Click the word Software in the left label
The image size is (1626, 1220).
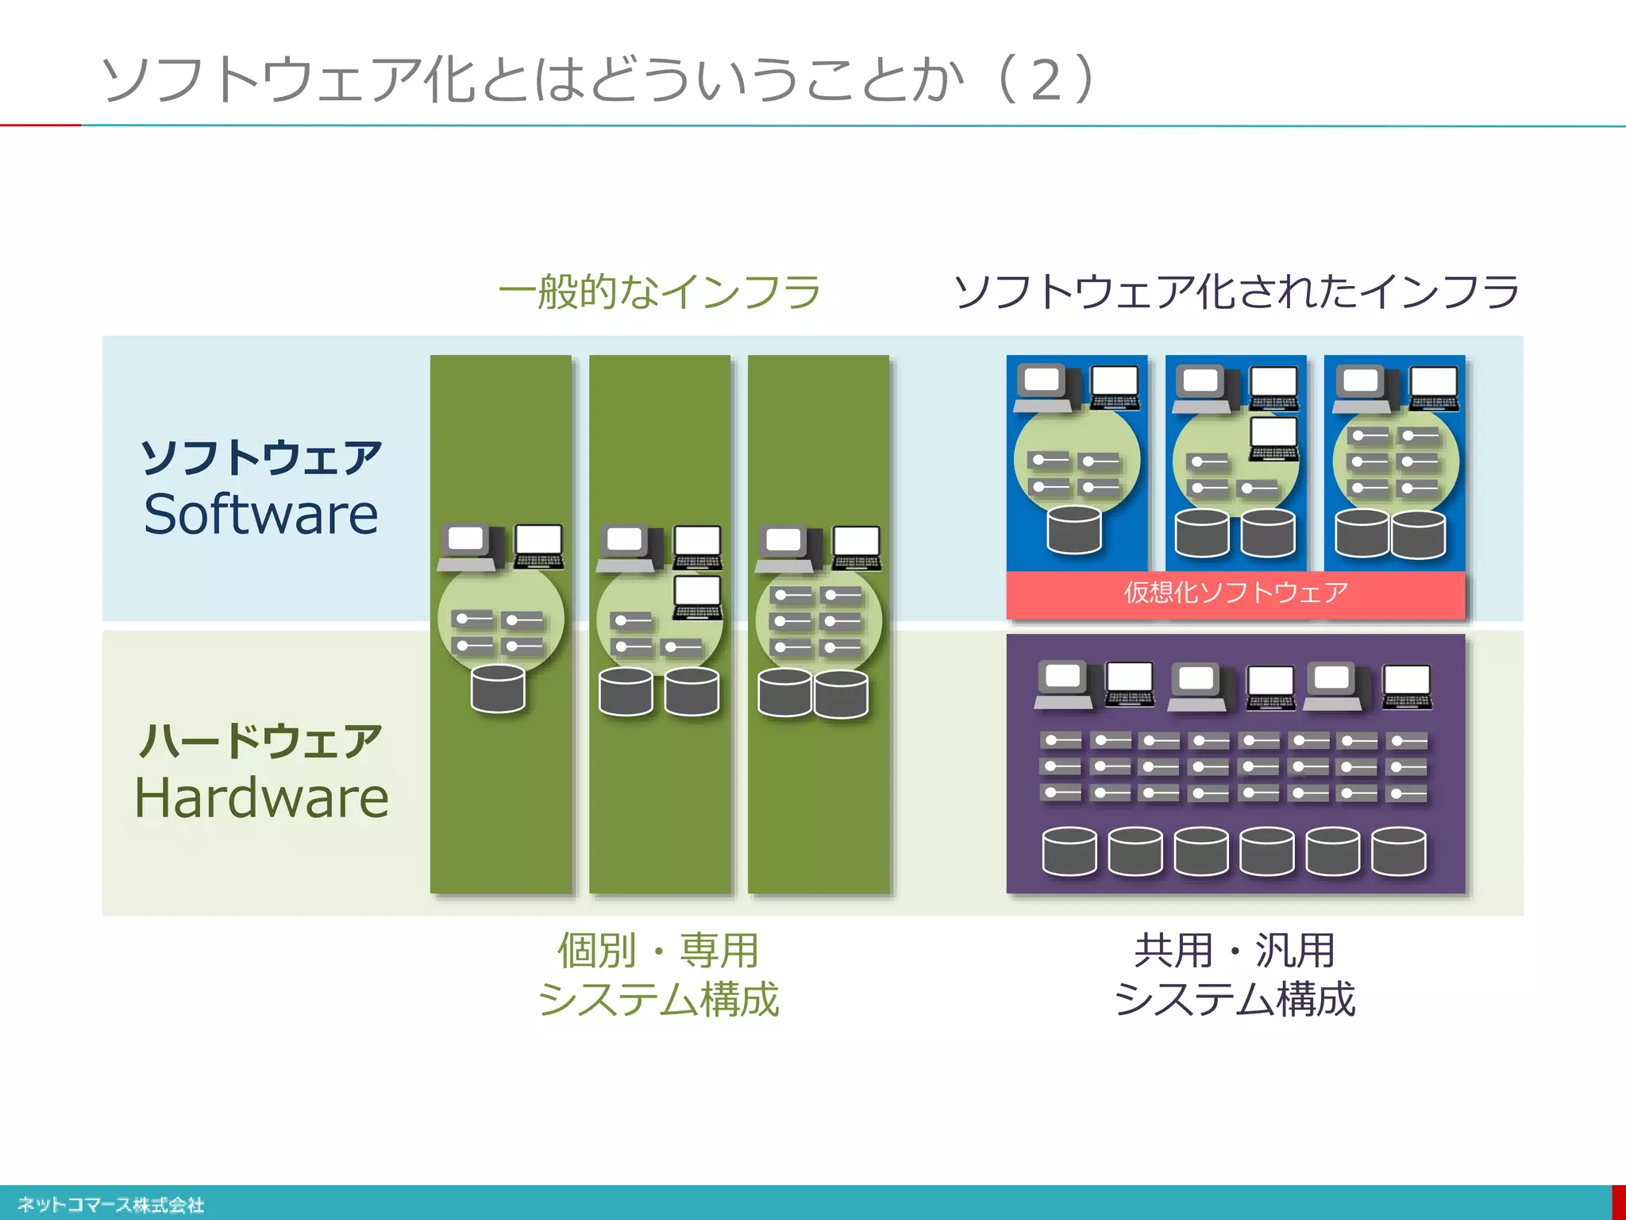click(260, 514)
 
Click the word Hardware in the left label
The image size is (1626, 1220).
click(261, 797)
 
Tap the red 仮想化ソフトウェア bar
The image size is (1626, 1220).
click(1235, 593)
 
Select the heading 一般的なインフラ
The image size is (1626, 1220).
click(659, 291)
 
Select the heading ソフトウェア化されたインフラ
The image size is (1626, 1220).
click(1235, 291)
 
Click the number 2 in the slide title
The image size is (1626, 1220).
click(1046, 80)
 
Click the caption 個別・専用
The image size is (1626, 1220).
click(658, 951)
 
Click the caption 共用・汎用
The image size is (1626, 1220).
click(1235, 951)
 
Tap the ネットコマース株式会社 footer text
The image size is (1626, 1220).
click(110, 1205)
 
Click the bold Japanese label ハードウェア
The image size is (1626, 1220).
click(260, 741)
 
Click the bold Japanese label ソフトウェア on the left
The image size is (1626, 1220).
click(260, 458)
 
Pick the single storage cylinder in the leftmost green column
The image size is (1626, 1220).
click(498, 689)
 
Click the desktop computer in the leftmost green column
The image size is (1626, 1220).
click(470, 546)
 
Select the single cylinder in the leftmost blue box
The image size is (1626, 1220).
click(1073, 530)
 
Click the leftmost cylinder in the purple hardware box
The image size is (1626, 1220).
click(1069, 851)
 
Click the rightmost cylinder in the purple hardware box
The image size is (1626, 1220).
click(1399, 851)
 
